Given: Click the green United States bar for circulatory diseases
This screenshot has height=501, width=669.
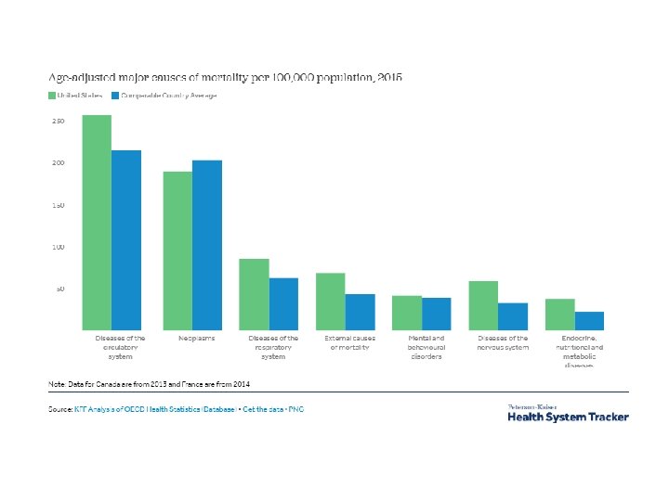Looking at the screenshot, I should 97,223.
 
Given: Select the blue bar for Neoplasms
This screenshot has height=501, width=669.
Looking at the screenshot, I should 206,246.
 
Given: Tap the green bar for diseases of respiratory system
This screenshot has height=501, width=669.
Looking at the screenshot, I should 254,294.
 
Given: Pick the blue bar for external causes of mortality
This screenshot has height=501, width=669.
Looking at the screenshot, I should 360,312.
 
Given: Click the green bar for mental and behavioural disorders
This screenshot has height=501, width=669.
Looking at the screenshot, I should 406,313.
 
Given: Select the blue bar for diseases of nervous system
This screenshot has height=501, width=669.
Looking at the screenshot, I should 513,316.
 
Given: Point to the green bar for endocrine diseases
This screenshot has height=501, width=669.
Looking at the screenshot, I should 559,315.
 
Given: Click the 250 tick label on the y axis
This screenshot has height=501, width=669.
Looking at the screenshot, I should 58,122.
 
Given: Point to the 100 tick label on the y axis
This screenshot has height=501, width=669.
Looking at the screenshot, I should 58,247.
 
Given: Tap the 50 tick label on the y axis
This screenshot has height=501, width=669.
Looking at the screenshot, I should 59,289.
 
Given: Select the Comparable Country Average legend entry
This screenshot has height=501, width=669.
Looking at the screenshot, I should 164,96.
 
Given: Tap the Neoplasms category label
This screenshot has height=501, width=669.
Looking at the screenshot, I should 197,339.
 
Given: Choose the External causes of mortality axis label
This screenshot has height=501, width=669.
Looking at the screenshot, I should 350,343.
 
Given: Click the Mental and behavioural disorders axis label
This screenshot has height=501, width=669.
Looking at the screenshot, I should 426,348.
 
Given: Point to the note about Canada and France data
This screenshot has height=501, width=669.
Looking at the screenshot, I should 149,383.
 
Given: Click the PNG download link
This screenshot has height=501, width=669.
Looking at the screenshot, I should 295,409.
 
